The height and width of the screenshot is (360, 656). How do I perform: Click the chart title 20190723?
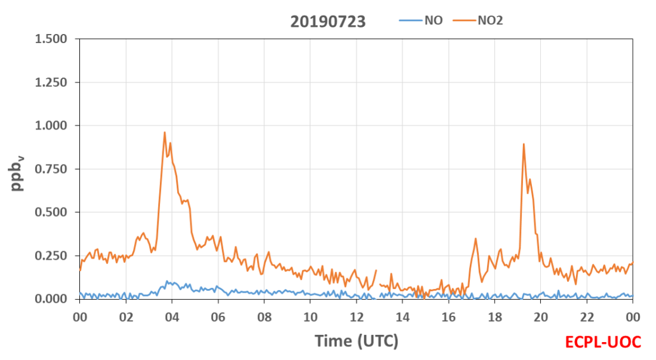[x=328, y=21]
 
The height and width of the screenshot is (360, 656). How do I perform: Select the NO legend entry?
[x=421, y=20]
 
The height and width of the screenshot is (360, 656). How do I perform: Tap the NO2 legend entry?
[x=478, y=20]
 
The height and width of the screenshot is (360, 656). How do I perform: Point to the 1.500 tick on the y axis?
[x=51, y=39]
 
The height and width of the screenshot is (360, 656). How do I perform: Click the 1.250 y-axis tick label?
[x=51, y=82]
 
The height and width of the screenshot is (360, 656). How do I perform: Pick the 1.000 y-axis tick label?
[x=51, y=125]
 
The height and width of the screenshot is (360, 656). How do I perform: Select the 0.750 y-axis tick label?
[x=51, y=169]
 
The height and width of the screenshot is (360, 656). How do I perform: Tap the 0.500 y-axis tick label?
[x=51, y=212]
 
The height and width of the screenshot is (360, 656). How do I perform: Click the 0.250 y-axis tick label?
[x=51, y=256]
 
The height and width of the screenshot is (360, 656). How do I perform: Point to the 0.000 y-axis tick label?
[x=51, y=299]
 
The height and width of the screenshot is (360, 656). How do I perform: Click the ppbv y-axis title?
[x=17, y=173]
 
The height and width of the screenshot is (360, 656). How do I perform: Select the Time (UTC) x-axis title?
[x=357, y=341]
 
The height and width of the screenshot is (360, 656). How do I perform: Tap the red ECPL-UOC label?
[x=603, y=342]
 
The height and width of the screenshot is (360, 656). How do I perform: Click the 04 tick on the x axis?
[x=172, y=317]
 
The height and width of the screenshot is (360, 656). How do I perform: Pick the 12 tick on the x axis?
[x=357, y=317]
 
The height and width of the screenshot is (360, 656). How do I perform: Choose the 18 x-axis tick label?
[x=495, y=317]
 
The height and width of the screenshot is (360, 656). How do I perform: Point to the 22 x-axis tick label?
[x=587, y=317]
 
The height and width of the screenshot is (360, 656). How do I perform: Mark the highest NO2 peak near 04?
[x=165, y=132]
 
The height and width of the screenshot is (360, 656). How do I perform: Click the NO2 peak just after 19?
[x=524, y=144]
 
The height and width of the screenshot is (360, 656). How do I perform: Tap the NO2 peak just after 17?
[x=476, y=239]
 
